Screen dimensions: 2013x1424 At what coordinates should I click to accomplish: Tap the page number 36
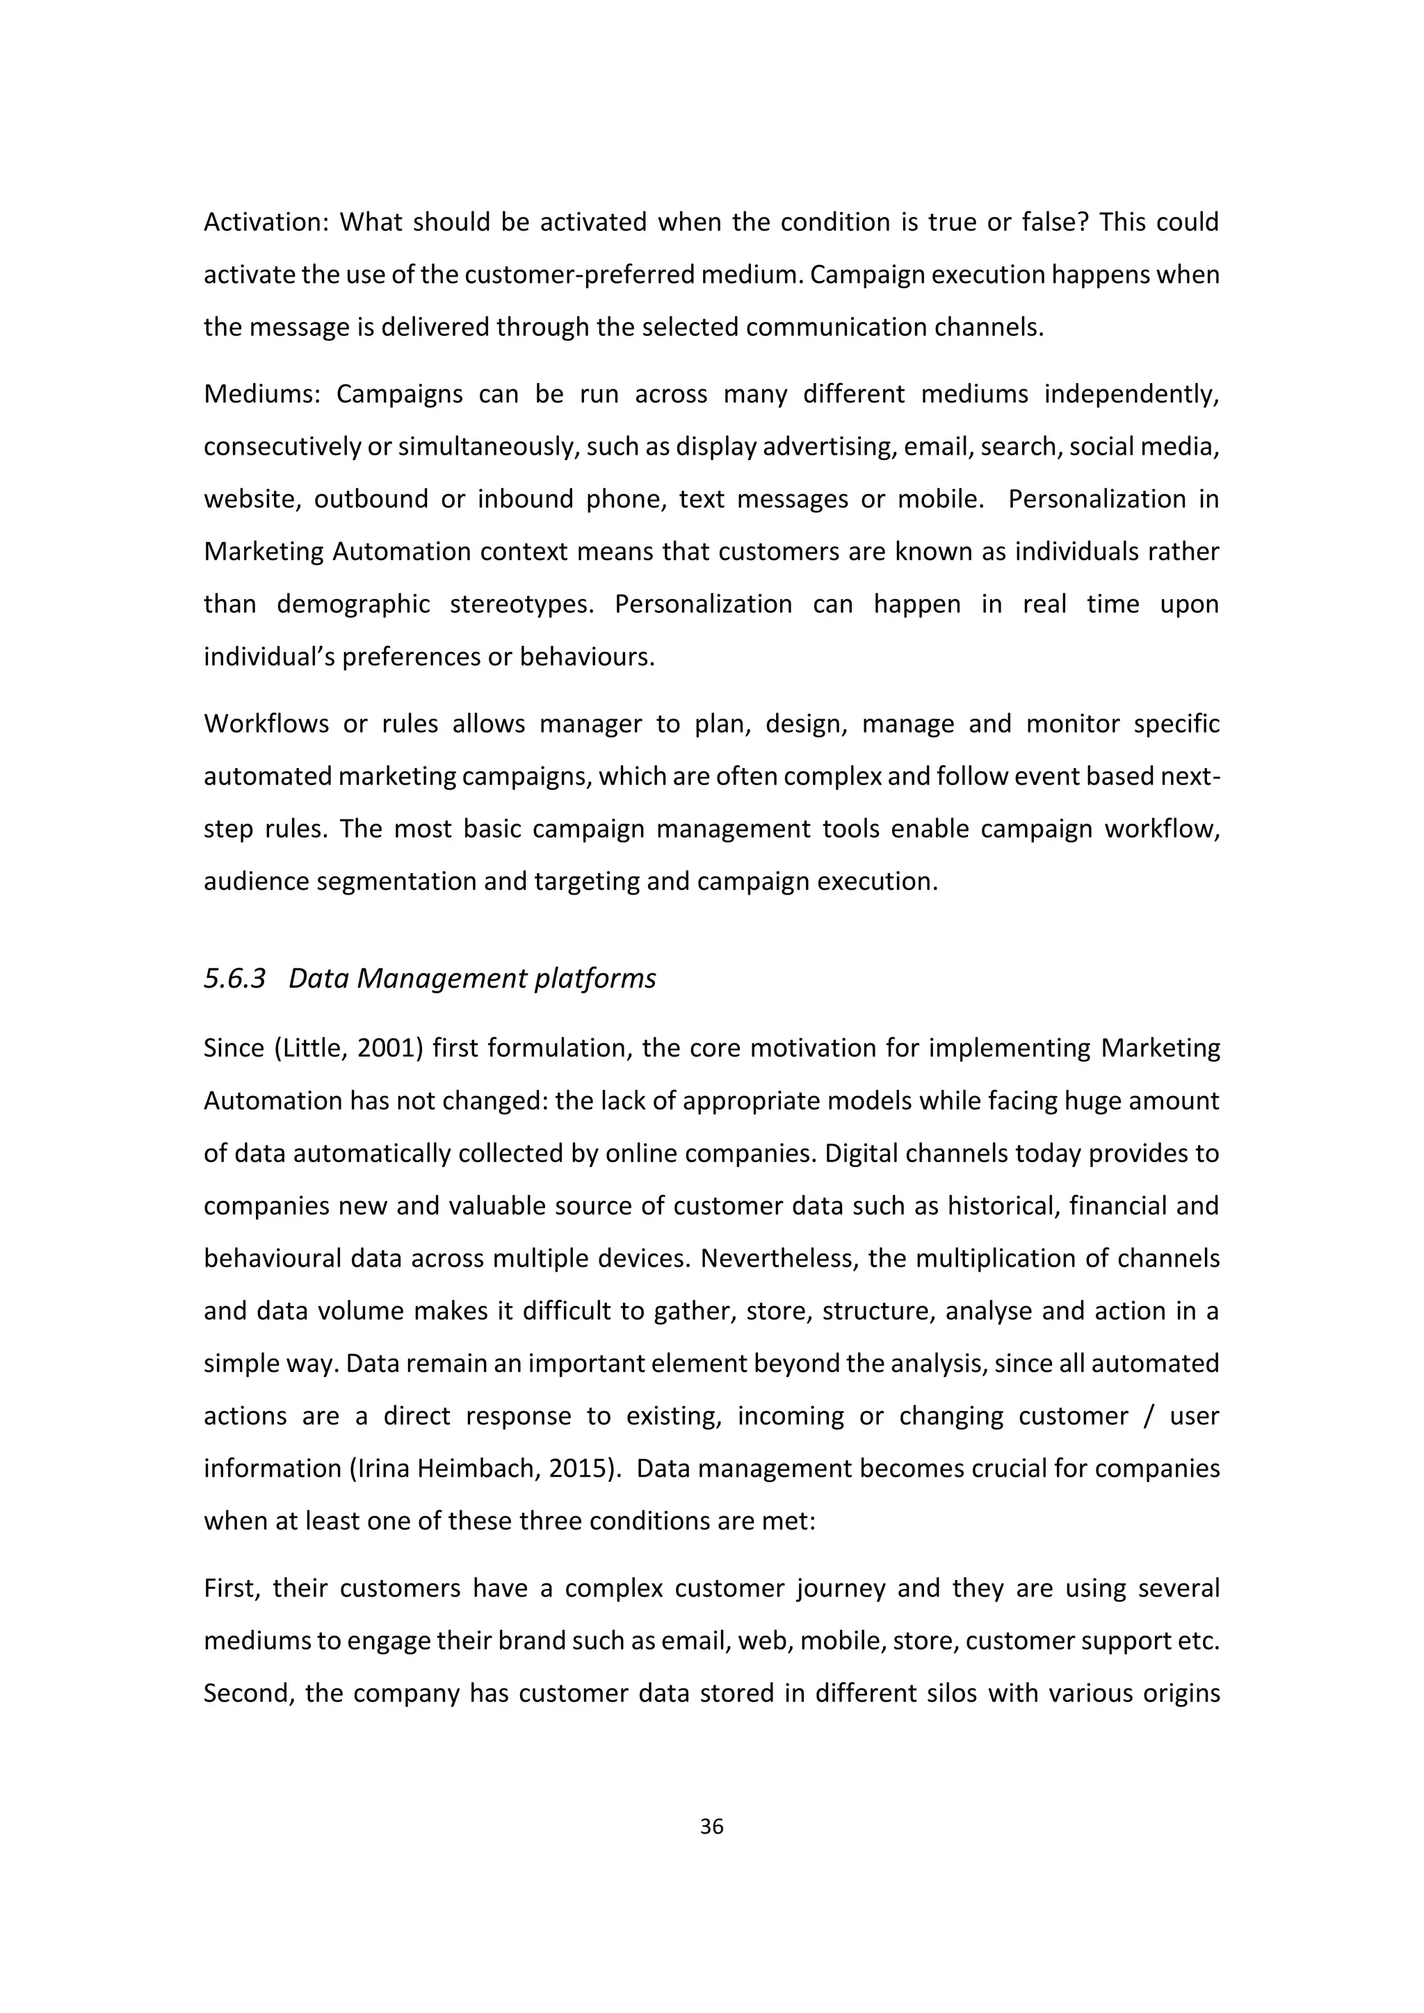click(x=712, y=1826)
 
